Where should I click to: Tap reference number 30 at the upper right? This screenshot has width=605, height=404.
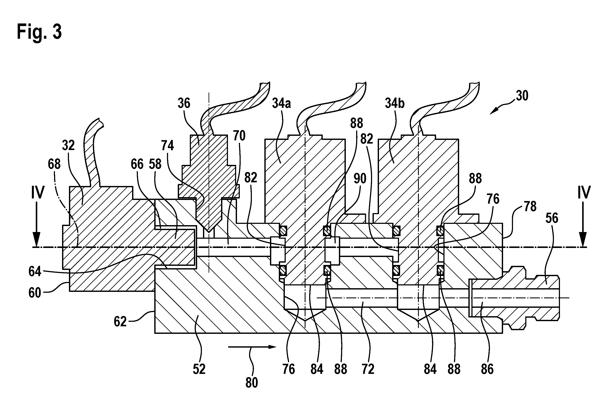pos(522,96)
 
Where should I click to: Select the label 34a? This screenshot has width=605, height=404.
pos(281,103)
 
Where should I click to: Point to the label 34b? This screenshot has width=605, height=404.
pos(394,103)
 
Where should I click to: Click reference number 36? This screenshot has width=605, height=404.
pos(184,103)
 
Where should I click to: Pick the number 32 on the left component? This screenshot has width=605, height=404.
pos(68,145)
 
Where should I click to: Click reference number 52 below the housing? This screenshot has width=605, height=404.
pos(199,369)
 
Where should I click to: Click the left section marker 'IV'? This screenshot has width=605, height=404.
pos(38,192)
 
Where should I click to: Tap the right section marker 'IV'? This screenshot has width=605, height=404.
pos(584,192)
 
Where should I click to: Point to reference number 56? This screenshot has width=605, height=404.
pos(552,218)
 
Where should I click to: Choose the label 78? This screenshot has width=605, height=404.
pos(530,206)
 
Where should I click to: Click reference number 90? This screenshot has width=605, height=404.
pos(360,179)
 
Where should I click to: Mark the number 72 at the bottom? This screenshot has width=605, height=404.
pos(368,369)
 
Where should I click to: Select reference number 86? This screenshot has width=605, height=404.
pos(487,369)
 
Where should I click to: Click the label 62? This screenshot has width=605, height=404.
pos(120,322)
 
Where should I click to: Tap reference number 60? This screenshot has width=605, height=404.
pos(35,293)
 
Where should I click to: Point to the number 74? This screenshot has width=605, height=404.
pos(168,146)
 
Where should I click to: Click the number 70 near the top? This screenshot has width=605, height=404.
pos(239,136)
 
